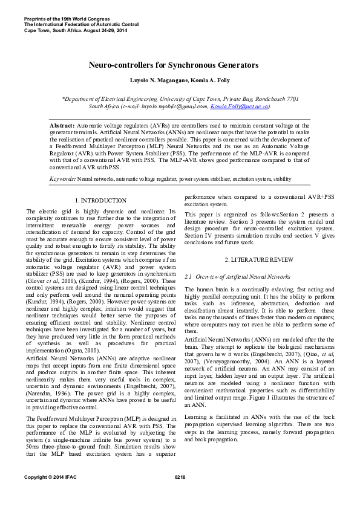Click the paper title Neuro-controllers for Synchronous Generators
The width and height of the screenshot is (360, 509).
tap(174, 65)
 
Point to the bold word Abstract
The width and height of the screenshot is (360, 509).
tap(62, 125)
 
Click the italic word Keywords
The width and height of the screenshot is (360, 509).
tap(62, 180)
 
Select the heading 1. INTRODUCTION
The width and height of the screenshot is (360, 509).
tap(100, 200)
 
